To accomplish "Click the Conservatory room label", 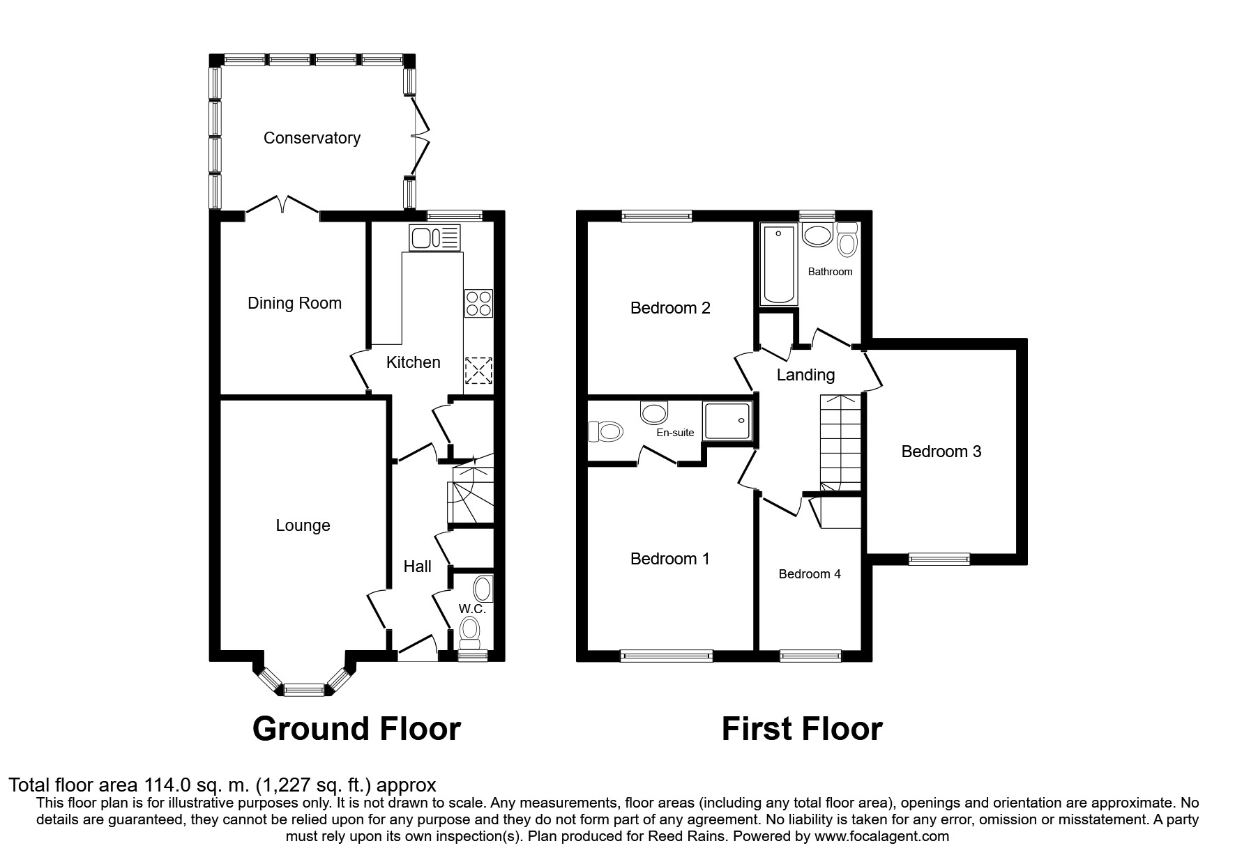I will [312, 138].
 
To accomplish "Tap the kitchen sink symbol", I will [435, 238].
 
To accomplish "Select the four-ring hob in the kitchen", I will [478, 303].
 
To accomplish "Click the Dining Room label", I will [294, 303].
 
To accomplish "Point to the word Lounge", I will [303, 525].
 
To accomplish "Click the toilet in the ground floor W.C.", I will [471, 631].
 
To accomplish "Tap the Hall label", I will [417, 566].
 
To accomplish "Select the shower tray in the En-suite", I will [728, 421].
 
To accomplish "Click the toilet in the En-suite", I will [605, 431].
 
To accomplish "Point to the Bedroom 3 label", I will [941, 452].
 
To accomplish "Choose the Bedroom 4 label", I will [809, 574].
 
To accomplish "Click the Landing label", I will [805, 375].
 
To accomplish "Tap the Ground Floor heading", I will [356, 729].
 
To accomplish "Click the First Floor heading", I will [801, 729].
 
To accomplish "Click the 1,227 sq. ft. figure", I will [315, 785].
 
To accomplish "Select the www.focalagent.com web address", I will [881, 836].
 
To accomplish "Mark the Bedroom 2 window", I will [657, 216].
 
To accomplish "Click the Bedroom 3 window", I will [939, 558].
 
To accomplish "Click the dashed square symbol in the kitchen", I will [478, 370].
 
